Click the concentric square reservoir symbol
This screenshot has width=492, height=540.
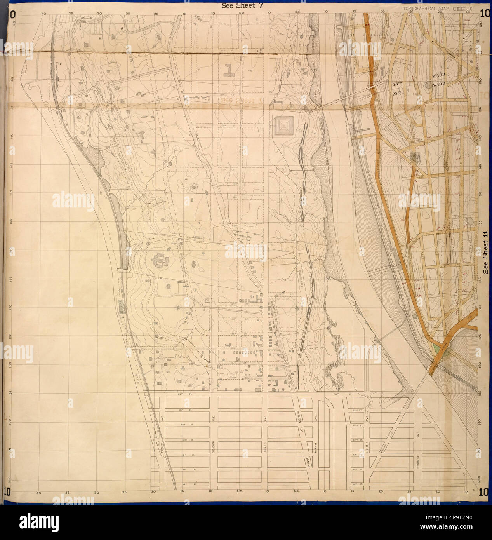click(285, 125)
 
